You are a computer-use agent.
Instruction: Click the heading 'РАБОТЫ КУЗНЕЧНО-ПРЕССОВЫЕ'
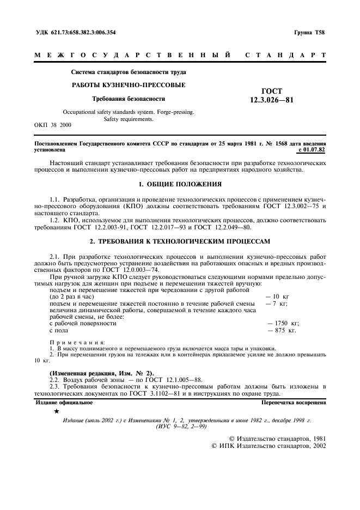pos(129,85)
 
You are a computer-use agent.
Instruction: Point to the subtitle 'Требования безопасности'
pos(129,99)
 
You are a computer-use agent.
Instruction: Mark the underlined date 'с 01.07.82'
pos(312,148)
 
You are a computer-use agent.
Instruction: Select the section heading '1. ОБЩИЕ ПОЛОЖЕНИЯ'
pos(180,183)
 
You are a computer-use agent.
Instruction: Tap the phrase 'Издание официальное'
pos(64,403)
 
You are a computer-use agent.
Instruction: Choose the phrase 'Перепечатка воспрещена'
pos(293,403)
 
